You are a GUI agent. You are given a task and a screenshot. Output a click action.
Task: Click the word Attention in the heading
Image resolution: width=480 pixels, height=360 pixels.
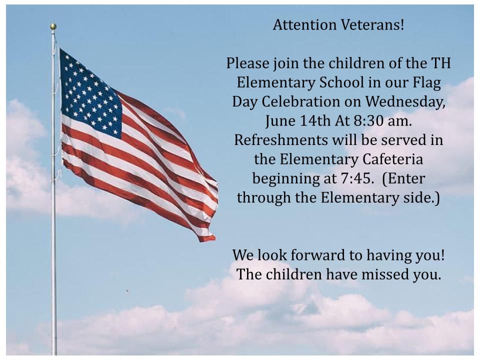pos(305,25)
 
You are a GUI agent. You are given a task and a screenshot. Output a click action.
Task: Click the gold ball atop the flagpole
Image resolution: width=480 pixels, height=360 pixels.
pos(53,26)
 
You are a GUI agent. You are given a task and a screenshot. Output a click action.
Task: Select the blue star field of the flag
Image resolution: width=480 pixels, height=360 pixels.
pos(90,93)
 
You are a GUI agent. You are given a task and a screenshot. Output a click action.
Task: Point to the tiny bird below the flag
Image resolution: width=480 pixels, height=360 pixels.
pos(127,291)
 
